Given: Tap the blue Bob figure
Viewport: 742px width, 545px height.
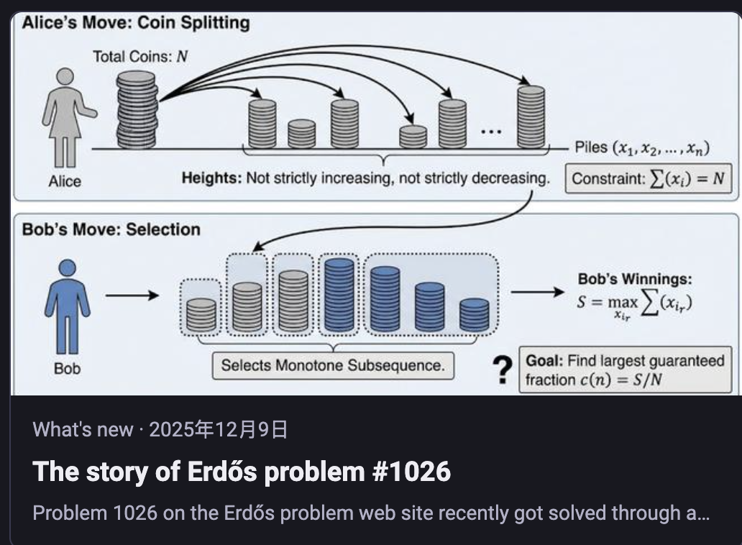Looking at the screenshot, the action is tap(67, 306).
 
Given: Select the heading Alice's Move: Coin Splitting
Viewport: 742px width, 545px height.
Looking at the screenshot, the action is tap(136, 23).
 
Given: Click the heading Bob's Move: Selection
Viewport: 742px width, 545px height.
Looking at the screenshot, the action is tap(111, 229).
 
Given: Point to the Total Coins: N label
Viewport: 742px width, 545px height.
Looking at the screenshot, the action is tap(140, 57).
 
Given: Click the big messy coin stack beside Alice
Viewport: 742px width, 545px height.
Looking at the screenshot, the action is tap(137, 110).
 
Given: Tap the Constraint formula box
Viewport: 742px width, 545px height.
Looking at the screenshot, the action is tap(649, 178).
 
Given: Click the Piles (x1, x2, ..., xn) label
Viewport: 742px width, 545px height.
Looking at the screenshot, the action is tap(642, 147).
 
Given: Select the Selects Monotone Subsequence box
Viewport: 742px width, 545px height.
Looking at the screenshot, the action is tap(333, 365).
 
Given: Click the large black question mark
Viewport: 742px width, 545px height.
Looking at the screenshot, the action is tap(502, 370).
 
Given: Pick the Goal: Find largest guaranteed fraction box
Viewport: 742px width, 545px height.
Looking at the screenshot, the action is tap(625, 370).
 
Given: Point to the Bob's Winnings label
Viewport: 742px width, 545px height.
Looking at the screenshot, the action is tap(635, 279).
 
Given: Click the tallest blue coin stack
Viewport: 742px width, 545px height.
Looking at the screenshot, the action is tap(339, 294).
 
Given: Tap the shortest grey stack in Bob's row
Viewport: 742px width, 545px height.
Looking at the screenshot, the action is tap(201, 314).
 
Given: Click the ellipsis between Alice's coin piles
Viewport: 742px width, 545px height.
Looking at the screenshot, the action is tap(491, 131).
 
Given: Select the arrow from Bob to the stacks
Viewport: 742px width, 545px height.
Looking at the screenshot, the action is tap(132, 296).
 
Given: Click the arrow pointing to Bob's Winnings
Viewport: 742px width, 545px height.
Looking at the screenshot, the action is tap(538, 292).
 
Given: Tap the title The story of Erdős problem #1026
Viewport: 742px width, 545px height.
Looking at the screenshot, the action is tap(242, 472).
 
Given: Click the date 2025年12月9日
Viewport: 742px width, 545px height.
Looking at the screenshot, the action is tap(218, 429).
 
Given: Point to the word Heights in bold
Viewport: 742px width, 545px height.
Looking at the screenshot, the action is tap(211, 178).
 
